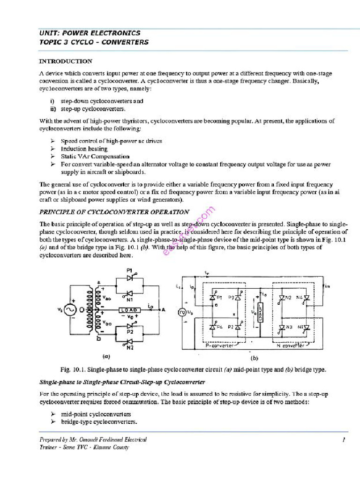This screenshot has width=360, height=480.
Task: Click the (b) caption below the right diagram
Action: [x=255, y=358]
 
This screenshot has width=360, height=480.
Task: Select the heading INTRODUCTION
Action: [x=65, y=61]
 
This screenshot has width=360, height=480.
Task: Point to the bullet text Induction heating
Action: [x=84, y=149]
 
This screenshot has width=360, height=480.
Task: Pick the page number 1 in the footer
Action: [x=344, y=440]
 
